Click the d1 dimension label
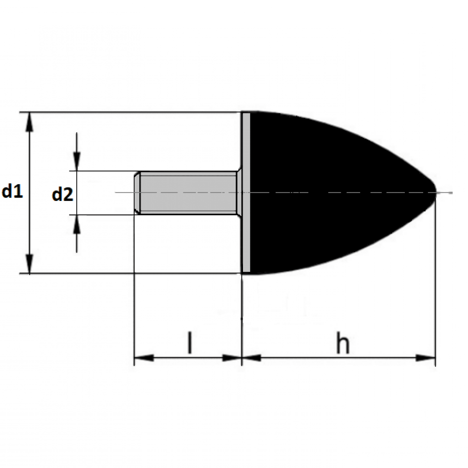12,192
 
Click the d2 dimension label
62,194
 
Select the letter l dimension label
190,343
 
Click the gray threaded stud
187,193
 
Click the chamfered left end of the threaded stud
137,193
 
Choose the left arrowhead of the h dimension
252,358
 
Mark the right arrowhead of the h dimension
425,358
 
